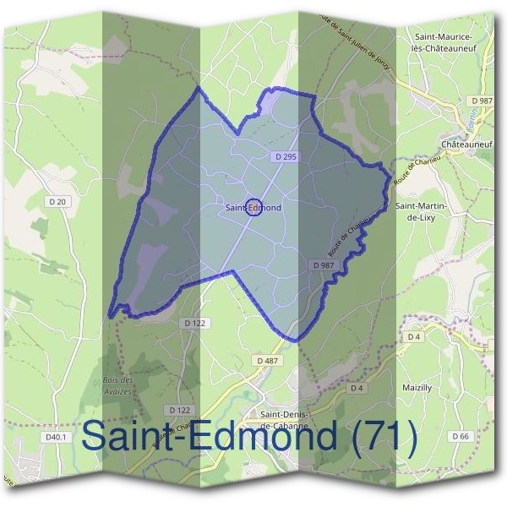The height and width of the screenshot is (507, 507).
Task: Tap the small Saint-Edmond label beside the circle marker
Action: click(x=253, y=206)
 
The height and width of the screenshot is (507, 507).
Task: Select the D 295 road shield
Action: click(x=286, y=157)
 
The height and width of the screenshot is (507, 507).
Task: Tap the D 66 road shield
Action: click(x=461, y=436)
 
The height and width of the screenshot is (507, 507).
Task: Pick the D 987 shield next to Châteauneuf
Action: click(x=482, y=101)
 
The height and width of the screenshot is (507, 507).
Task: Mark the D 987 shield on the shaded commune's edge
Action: click(x=324, y=264)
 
